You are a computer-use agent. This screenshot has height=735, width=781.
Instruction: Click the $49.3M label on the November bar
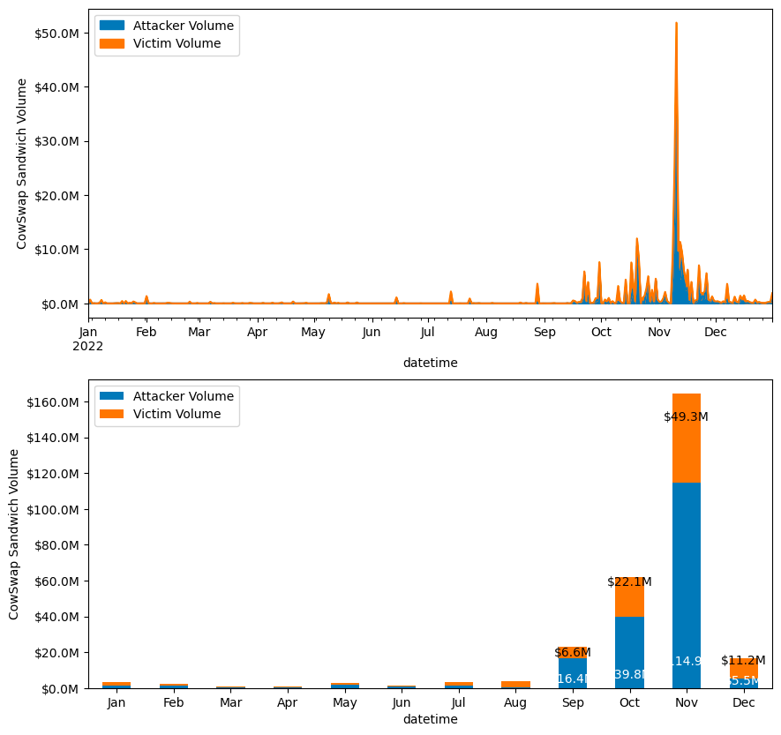tap(686, 417)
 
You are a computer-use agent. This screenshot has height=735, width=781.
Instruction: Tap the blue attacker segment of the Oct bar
tap(629, 644)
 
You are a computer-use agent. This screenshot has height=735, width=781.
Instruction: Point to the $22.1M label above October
tap(629, 582)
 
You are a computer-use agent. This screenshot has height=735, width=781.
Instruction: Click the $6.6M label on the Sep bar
tap(573, 653)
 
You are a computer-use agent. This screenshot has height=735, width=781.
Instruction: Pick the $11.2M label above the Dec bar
tap(743, 661)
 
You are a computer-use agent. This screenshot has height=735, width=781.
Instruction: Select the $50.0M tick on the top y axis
tap(59, 34)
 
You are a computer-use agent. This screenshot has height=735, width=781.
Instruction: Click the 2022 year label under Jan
tap(88, 347)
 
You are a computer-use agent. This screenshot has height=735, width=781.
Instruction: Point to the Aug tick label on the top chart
tap(486, 333)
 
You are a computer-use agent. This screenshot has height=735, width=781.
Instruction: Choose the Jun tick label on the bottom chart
tap(402, 703)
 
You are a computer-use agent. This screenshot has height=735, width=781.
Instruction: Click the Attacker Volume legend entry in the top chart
tap(176, 26)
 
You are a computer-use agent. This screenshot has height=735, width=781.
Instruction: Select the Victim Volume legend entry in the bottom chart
tap(176, 414)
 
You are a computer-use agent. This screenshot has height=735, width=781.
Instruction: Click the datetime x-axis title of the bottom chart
tap(430, 720)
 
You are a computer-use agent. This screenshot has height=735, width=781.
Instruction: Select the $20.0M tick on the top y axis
tap(59, 196)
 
